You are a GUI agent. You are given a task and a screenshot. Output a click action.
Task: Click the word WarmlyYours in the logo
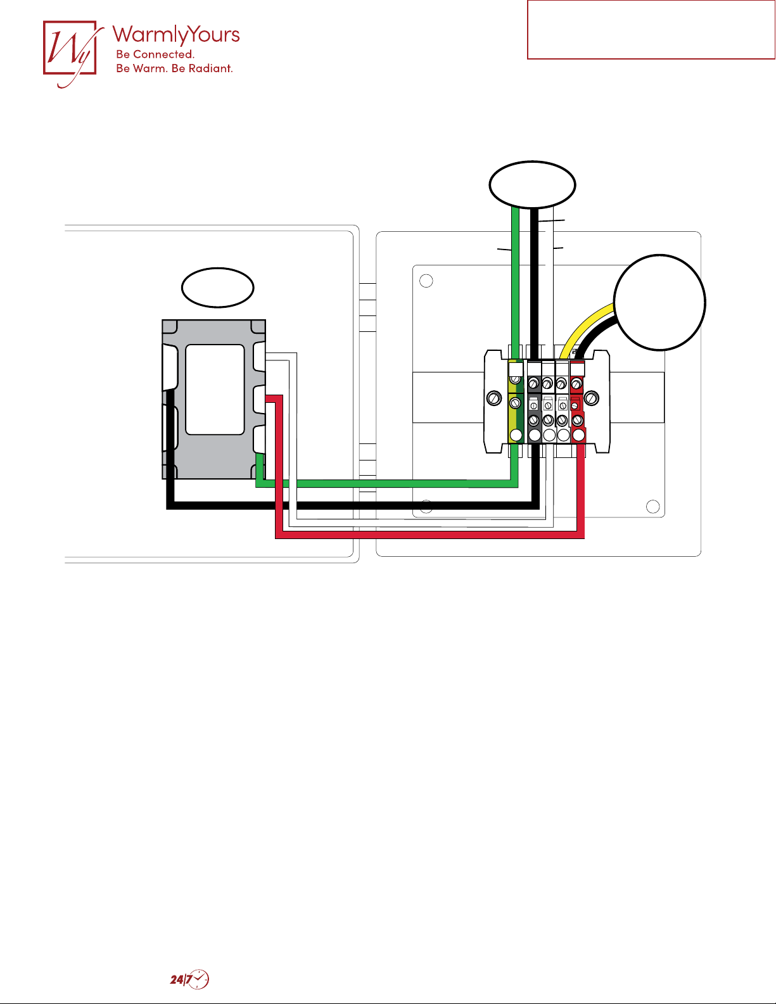point(176,35)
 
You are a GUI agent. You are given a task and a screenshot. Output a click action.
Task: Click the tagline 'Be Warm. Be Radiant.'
point(174,68)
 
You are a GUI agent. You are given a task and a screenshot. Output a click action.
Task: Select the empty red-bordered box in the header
point(651,30)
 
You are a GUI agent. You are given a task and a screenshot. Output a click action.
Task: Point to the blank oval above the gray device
point(218,288)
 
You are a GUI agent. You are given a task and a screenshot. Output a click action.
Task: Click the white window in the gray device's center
point(215,389)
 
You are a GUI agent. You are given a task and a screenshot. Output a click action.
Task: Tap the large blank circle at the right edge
point(659,302)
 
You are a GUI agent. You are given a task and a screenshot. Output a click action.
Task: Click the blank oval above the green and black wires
point(532,184)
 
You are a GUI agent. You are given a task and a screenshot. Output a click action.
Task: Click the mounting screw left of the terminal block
point(494,398)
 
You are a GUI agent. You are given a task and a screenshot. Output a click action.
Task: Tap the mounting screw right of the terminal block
point(591,398)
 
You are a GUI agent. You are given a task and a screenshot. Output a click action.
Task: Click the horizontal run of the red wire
point(431,535)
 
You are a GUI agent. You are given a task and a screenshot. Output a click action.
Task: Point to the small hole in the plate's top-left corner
point(426,281)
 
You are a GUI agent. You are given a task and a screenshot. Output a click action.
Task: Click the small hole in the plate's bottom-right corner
point(652,506)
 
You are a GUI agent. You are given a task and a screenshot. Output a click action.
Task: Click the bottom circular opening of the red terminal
point(578,435)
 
